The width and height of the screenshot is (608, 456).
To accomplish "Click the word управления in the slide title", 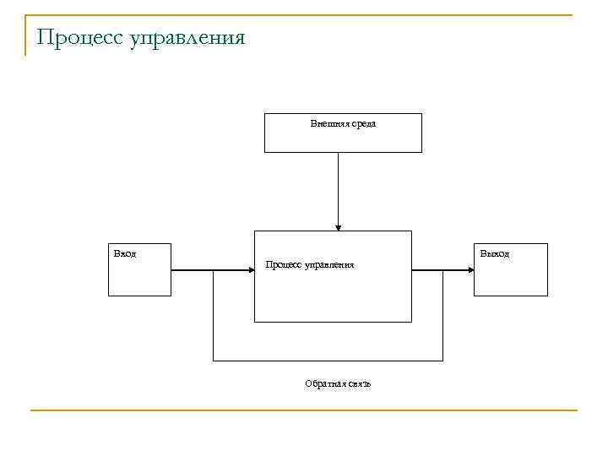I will [x=187, y=39].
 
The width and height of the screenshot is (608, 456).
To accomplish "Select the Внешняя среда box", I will [x=343, y=139].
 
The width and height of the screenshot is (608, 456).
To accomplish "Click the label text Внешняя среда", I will [x=343, y=123].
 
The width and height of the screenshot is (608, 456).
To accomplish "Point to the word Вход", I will [x=124, y=253].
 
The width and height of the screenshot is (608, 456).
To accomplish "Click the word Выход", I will [x=494, y=253].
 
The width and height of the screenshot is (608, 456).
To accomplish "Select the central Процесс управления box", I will [x=333, y=296].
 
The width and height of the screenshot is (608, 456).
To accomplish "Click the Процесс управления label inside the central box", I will [x=310, y=265].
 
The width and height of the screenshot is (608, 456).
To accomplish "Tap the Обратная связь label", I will [x=338, y=384].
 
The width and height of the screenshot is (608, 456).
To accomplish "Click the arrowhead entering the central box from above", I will [x=338, y=226].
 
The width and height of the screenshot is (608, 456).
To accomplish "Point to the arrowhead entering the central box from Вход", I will [x=250, y=270].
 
